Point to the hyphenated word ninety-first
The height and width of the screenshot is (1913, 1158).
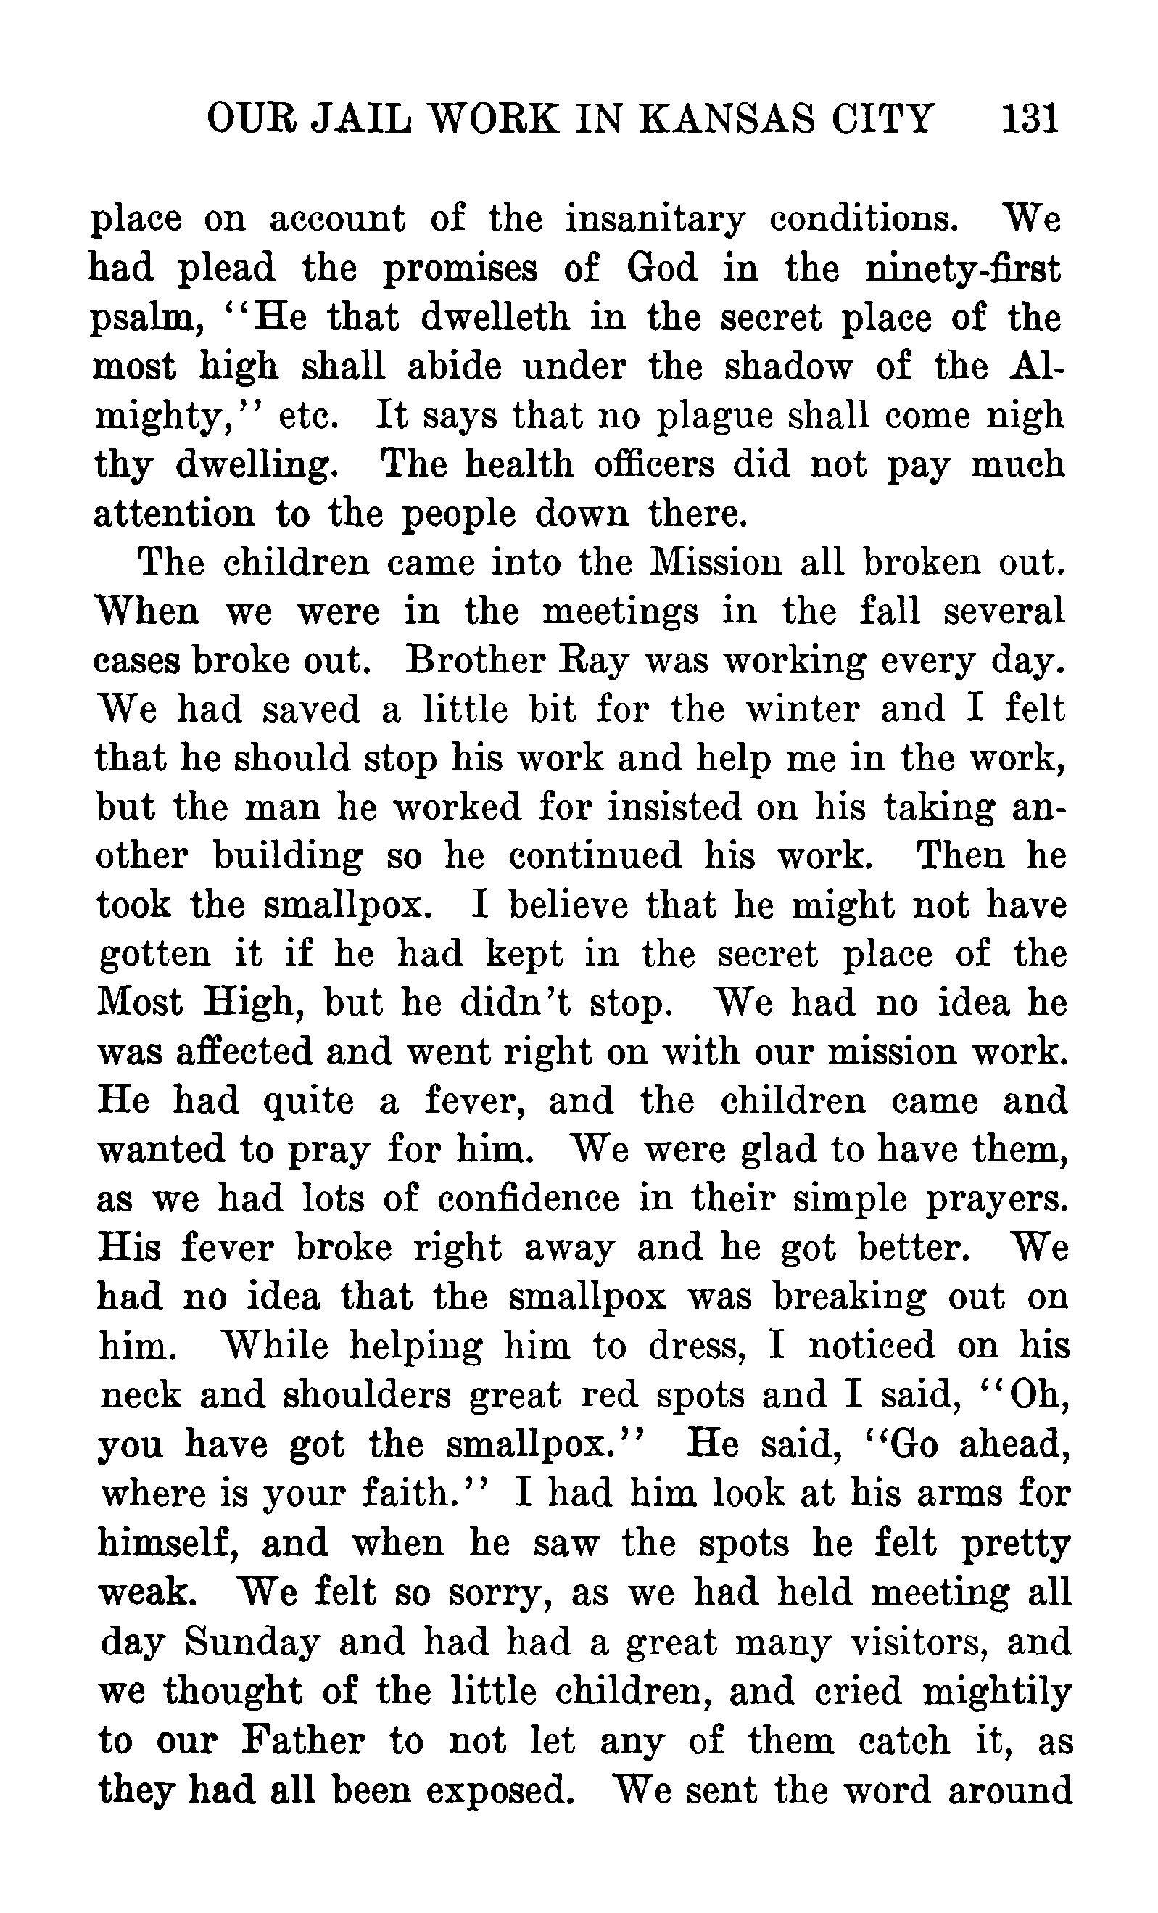[x=961, y=268]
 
